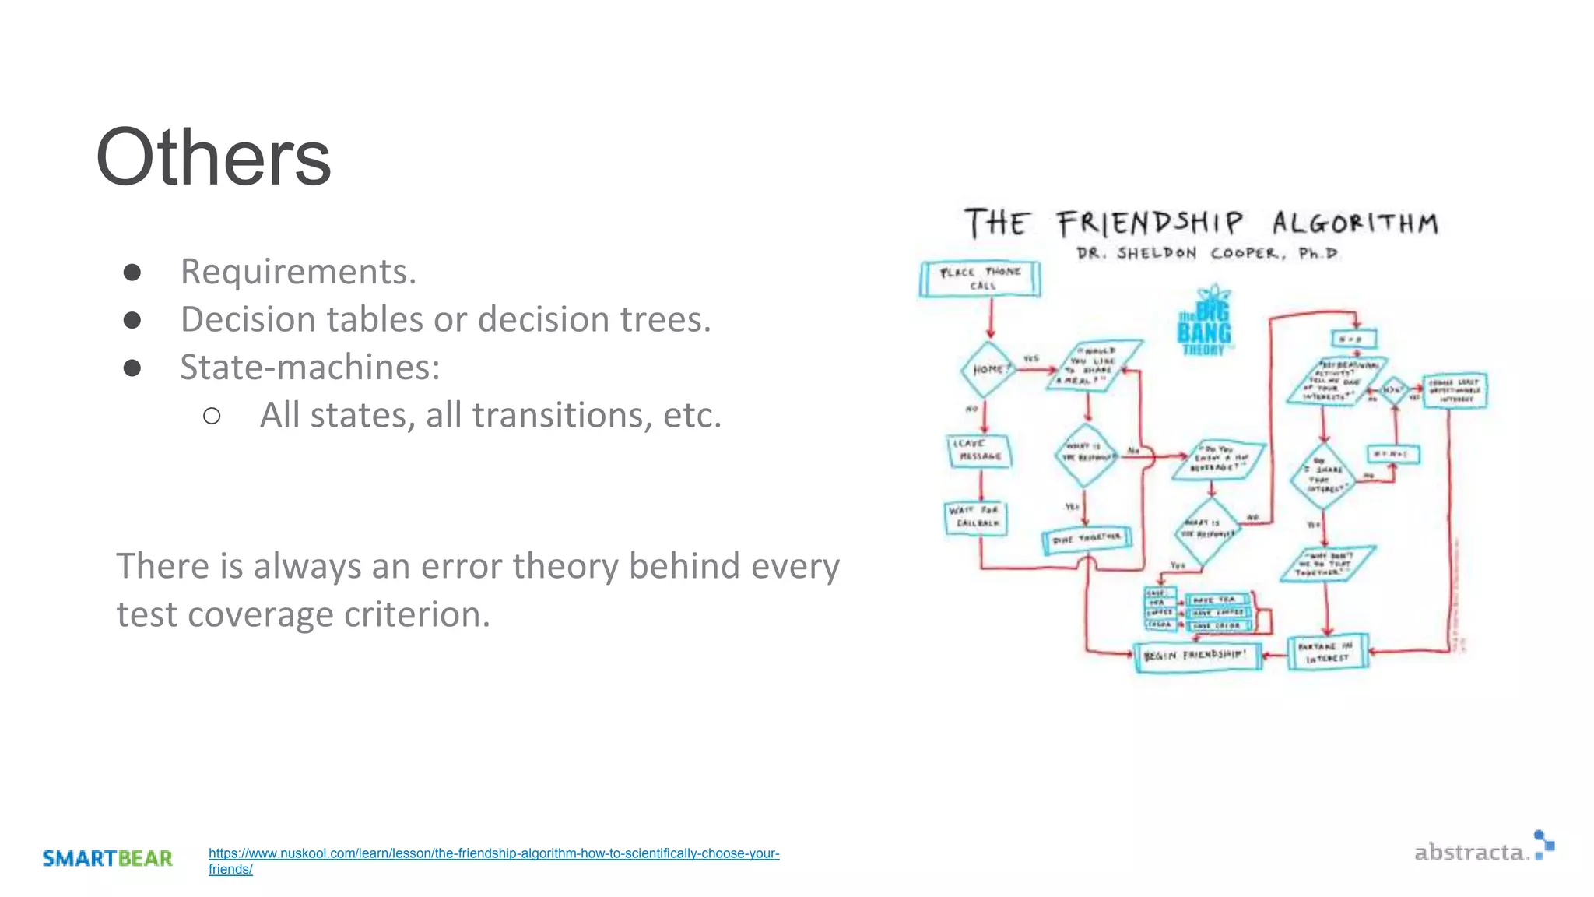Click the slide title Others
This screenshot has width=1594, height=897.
click(213, 158)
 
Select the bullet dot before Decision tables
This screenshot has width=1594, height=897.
click(132, 319)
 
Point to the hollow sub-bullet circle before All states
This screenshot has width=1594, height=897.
click(212, 416)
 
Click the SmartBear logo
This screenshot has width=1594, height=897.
click(107, 858)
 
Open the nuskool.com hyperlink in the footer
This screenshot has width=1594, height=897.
click(493, 853)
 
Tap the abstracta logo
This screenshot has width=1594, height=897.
click(1483, 848)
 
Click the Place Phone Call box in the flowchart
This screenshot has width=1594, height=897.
click(980, 279)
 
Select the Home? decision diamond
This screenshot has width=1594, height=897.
click(988, 369)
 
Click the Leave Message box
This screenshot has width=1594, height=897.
click(980, 450)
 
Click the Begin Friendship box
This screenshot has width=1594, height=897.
click(1196, 656)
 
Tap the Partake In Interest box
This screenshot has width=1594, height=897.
click(1327, 653)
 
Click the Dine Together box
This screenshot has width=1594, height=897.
click(1087, 539)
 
